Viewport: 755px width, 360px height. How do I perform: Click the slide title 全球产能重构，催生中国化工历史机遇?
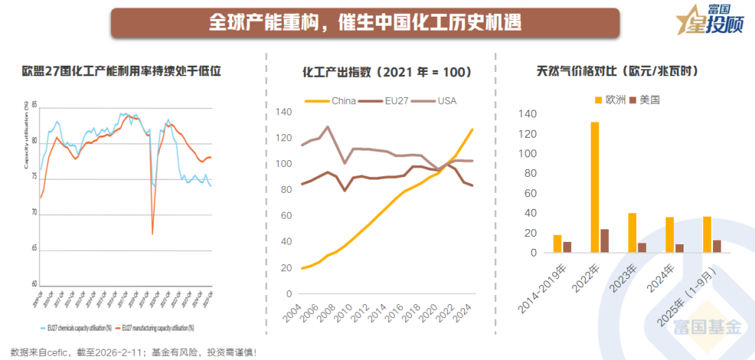365,22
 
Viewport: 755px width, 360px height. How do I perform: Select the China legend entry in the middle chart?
336,101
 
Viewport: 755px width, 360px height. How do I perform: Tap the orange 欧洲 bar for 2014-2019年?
557,244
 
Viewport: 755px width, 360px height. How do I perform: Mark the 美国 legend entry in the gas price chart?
644,100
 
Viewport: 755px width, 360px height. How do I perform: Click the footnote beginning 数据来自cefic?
133,352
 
